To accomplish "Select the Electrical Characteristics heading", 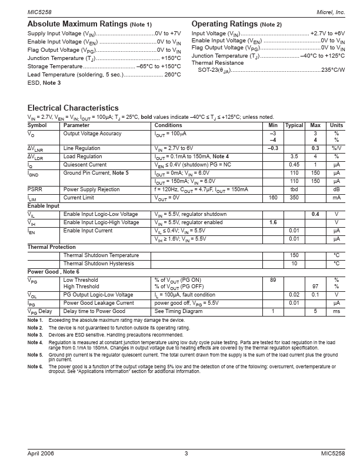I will (x=73, y=108).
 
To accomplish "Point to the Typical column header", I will (x=294, y=125).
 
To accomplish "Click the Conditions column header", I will (x=168, y=125).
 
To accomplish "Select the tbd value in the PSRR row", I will (x=294, y=189).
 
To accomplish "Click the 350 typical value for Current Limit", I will (x=294, y=198).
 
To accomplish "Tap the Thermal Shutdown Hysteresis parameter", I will (x=101, y=264).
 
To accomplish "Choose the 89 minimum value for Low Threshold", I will (x=273, y=280).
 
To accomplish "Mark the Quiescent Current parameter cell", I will (x=85, y=165).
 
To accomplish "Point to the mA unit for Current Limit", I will (x=336, y=198).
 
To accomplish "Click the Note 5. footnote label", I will (x=35, y=355).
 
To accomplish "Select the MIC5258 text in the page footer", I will (x=332, y=454).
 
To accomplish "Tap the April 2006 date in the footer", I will (x=41, y=454).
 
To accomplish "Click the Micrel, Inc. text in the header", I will (x=331, y=12).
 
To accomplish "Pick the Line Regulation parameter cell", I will (x=82, y=148).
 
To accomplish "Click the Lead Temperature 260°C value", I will (x=172, y=75).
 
